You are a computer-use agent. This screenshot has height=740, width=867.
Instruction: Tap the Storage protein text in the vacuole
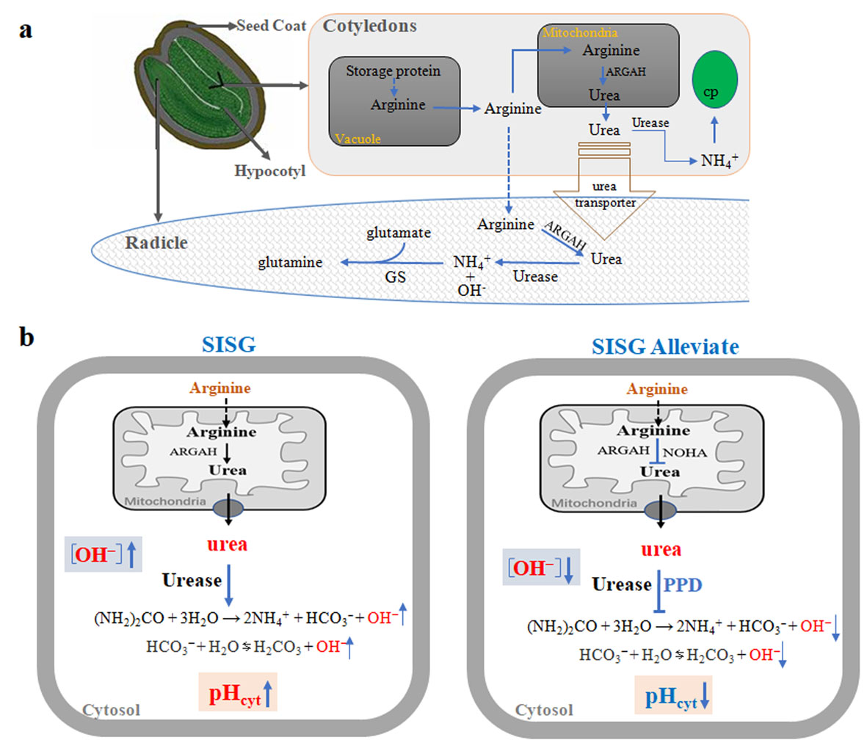coord(393,71)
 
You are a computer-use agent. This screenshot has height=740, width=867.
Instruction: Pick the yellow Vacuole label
coord(356,137)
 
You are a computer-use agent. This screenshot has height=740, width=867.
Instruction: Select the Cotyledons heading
coord(370,26)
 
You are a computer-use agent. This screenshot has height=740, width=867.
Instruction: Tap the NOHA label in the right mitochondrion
coord(686,452)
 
